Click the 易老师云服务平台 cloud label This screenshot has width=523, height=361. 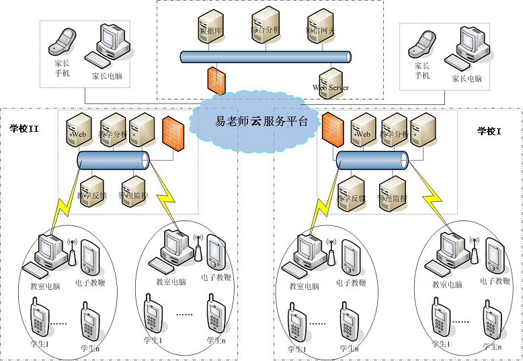261,122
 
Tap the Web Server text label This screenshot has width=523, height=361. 331,87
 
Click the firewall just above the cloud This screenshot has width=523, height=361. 216,80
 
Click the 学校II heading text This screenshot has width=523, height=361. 24,128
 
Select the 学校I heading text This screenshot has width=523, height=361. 489,130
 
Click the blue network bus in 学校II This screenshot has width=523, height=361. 113,161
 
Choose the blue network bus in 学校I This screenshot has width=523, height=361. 372,160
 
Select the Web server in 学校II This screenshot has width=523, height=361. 79,130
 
